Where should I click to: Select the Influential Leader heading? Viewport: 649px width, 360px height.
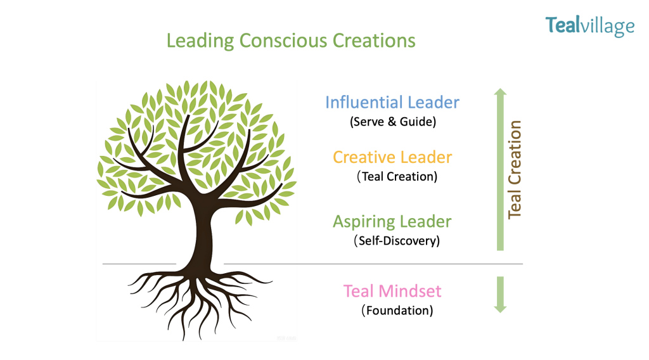[x=392, y=102]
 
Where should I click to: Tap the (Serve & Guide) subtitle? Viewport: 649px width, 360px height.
[x=393, y=122]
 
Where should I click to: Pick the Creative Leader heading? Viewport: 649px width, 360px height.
[x=392, y=157]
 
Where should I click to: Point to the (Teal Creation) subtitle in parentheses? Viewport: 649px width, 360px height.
[x=397, y=177]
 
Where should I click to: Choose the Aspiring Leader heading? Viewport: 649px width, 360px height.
[x=392, y=222]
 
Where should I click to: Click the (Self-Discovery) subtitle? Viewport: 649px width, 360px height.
[x=397, y=241]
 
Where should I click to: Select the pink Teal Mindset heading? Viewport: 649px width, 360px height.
[x=392, y=292]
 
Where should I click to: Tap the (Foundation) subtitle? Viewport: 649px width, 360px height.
[x=397, y=311]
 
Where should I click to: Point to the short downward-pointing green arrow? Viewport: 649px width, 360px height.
[x=501, y=294]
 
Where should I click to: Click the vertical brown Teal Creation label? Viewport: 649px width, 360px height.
[x=515, y=170]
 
